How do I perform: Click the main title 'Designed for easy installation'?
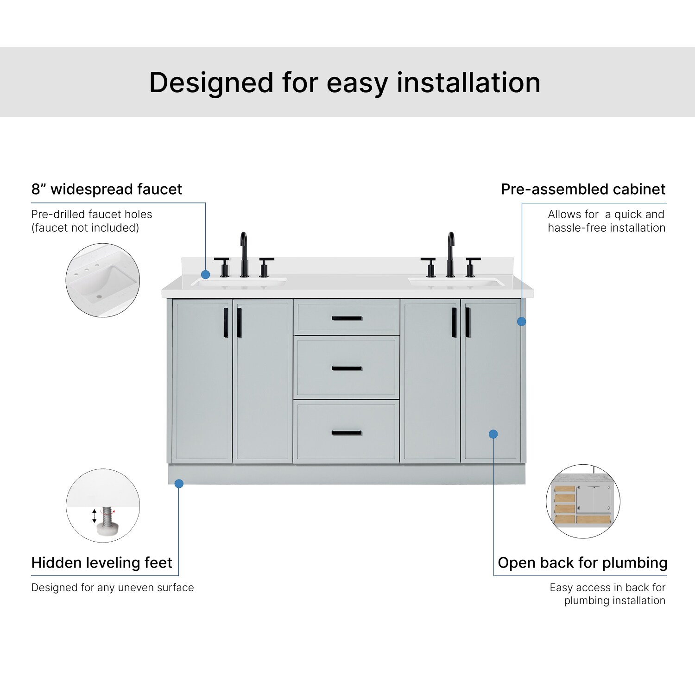pos(345,83)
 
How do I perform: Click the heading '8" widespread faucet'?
pos(107,189)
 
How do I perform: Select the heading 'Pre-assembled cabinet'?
pos(583,189)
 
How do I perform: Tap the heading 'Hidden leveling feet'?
pos(101,562)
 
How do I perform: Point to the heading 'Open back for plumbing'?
pos(582,562)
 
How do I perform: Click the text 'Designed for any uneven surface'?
pos(113,588)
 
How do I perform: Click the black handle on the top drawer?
pos(347,318)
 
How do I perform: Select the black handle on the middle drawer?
pos(347,369)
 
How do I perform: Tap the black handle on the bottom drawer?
pos(347,433)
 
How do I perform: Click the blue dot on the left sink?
pos(206,275)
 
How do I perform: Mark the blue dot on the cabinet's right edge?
pos(521,321)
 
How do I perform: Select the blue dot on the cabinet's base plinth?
pos(179,484)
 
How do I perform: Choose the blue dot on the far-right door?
pos(493,434)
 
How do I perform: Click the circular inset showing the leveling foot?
pos(103,505)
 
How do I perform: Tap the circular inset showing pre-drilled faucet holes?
pos(103,280)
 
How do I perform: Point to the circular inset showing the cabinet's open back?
pos(583,501)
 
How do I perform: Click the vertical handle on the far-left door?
pos(226,322)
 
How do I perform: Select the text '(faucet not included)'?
pos(85,228)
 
